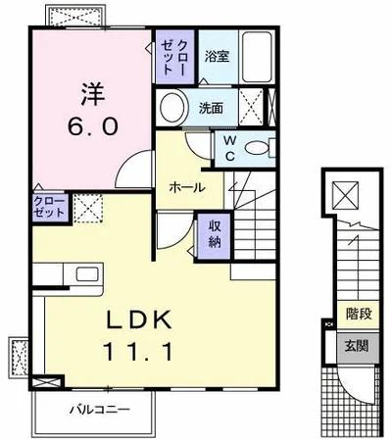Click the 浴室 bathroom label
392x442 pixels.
217,57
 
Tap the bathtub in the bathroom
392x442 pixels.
257,57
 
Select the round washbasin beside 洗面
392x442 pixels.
172,108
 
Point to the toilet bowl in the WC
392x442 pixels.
256,148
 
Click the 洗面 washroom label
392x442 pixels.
212,108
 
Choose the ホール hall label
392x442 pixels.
187,187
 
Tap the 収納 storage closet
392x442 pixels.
215,234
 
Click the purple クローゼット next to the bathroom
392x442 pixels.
174,57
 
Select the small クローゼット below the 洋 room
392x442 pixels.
50,208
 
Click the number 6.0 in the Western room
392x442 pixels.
92,126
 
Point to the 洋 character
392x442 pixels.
93,94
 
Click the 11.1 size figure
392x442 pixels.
138,351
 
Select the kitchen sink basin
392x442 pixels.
87,273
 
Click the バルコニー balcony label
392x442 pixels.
99,409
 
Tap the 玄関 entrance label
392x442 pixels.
357,346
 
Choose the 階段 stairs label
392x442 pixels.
359,314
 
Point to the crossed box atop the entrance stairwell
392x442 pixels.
345,195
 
